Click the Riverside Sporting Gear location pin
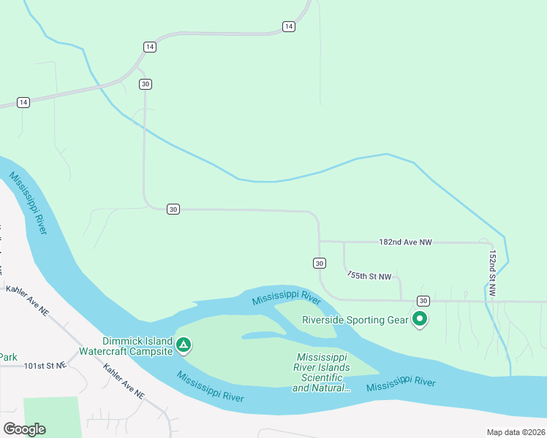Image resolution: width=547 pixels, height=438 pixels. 420,319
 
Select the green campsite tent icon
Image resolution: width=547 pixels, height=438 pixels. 184,344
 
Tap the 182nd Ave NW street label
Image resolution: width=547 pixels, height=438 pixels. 405,242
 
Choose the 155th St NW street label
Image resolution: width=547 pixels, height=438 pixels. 369,276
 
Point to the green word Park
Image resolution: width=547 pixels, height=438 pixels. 7,357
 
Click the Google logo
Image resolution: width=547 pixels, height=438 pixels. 24,429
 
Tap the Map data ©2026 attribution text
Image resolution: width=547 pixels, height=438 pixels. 514,432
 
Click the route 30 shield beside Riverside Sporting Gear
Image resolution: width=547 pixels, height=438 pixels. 423,301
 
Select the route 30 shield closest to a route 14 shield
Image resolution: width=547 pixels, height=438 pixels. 146,84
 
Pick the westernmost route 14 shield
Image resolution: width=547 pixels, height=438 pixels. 23,102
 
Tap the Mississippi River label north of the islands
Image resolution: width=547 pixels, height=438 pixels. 287,299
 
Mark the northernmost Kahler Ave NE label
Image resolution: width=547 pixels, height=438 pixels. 27,301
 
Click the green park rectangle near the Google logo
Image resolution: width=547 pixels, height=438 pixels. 51,415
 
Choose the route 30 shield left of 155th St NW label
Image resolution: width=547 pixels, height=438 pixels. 319,263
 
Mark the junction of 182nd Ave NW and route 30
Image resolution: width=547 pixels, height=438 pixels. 320,242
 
